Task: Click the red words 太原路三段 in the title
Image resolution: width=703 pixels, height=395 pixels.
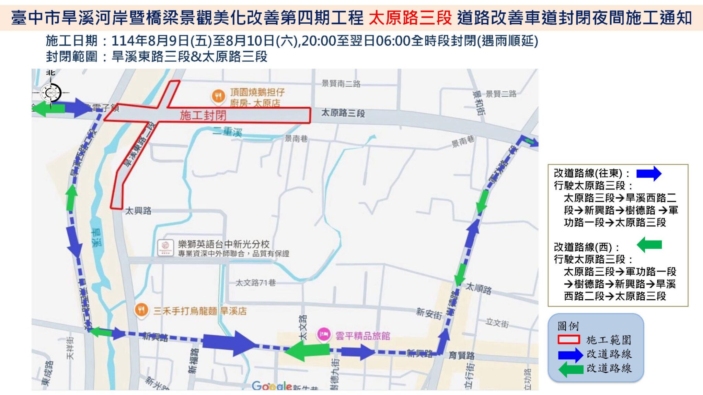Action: click(x=410, y=18)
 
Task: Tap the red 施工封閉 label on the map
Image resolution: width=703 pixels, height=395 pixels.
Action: click(x=203, y=115)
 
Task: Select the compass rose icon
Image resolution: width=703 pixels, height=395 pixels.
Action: click(x=51, y=93)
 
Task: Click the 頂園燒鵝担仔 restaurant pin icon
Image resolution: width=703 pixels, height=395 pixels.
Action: click(x=218, y=96)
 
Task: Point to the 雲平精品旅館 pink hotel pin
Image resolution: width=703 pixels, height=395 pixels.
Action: click(x=324, y=334)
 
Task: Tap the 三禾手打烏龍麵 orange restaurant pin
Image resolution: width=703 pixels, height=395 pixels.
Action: click(x=141, y=310)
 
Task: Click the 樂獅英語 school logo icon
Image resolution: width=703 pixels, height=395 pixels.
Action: click(x=165, y=247)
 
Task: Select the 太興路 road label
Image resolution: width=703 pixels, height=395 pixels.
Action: click(x=138, y=210)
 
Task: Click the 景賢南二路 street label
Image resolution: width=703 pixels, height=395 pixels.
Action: click(x=341, y=84)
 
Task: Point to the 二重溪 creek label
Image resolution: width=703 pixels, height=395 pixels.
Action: click(x=228, y=132)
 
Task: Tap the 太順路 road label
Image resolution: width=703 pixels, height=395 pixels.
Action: click(x=479, y=289)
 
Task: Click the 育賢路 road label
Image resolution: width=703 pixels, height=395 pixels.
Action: click(x=462, y=355)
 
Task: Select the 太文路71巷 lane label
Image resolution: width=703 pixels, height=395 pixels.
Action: click(x=256, y=283)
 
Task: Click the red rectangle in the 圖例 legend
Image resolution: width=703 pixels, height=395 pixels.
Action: click(x=569, y=339)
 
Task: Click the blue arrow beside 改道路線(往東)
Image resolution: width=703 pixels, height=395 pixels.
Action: click(x=649, y=173)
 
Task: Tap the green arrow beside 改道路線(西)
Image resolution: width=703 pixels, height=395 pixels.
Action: click(x=649, y=245)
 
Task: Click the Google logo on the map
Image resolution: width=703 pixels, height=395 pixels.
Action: click(x=272, y=386)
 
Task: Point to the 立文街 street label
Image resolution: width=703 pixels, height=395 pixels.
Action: click(x=497, y=323)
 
